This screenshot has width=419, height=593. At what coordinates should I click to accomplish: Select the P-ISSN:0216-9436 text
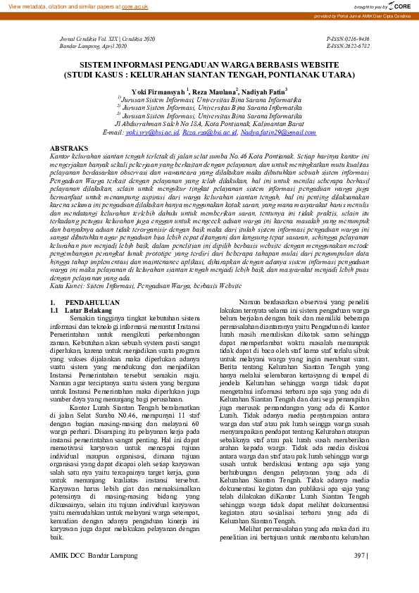349,39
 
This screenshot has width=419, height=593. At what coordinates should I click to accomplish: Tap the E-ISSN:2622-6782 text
349,46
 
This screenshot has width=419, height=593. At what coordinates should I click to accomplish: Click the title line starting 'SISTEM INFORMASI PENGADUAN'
209,64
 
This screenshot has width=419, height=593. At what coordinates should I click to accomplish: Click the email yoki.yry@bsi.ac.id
152,132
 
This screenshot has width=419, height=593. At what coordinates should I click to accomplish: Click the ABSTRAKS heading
69,149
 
